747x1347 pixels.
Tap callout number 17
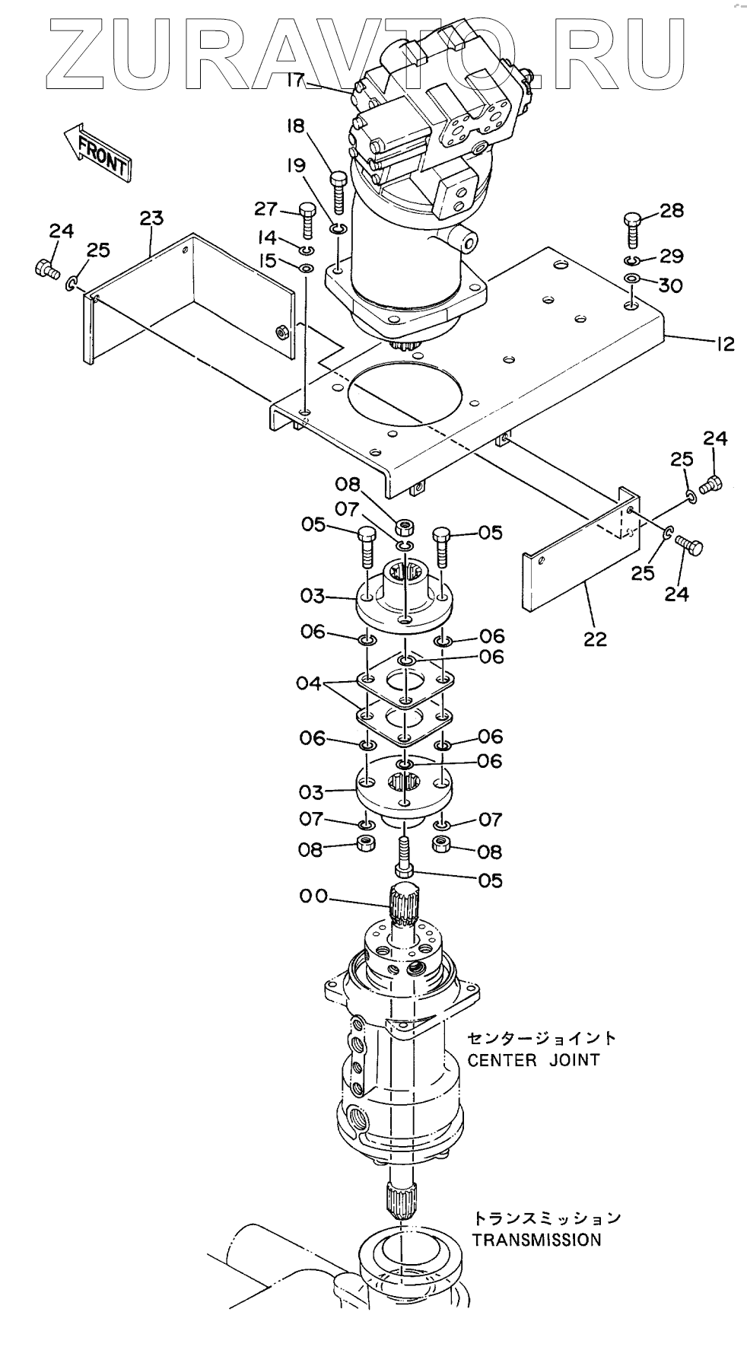[298, 79]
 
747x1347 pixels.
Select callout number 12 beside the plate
[724, 344]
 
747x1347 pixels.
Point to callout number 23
[151, 218]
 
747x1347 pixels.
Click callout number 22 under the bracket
[595, 639]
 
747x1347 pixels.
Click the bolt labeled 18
[339, 192]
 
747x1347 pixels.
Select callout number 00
[313, 896]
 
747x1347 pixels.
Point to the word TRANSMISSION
[536, 1240]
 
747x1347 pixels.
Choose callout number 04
[310, 683]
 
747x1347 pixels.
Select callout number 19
[297, 165]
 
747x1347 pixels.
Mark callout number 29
[670, 256]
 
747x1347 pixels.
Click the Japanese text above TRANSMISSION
[546, 1218]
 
